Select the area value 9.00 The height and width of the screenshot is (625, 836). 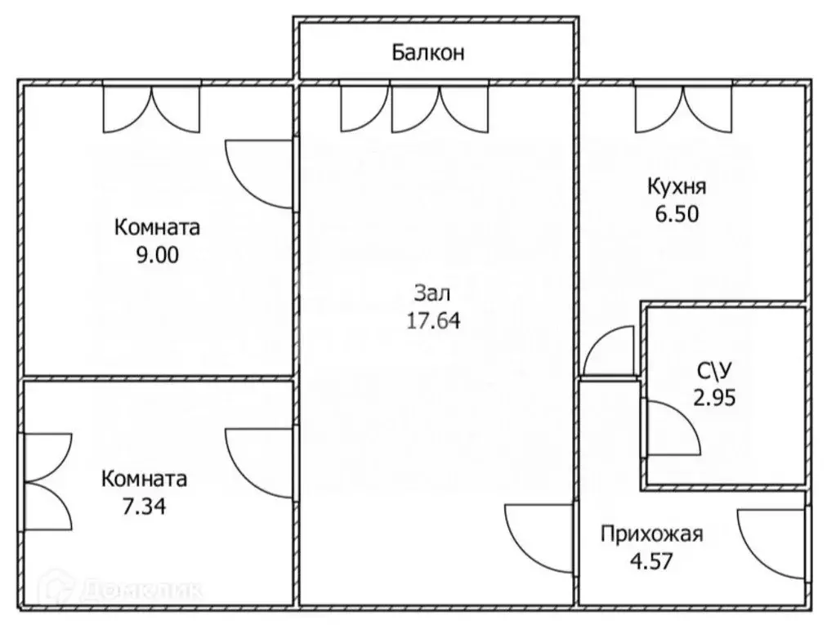coord(157,254)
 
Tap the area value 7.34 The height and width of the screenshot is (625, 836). coord(144,507)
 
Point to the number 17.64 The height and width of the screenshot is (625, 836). coord(433,320)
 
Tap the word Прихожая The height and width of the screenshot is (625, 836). coord(651,535)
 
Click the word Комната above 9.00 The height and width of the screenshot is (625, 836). coord(157,226)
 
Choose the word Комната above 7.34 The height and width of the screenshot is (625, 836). coord(144,479)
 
